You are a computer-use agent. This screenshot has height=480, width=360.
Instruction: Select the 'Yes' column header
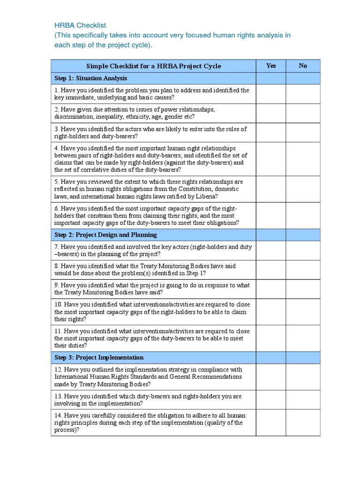pyautogui.click(x=270, y=66)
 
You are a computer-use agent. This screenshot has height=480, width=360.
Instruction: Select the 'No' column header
pyautogui.click(x=303, y=66)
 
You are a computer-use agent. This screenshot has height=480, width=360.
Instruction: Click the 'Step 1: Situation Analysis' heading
pyautogui.click(x=90, y=78)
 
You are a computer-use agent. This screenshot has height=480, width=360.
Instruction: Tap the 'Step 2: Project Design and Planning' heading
pyautogui.click(x=105, y=235)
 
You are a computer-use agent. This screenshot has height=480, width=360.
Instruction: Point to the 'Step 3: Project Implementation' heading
pyautogui.click(x=99, y=358)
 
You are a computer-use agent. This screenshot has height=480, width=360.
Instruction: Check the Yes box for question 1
pyautogui.click(x=270, y=94)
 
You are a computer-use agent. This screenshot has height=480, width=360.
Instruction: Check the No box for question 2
pyautogui.click(x=303, y=113)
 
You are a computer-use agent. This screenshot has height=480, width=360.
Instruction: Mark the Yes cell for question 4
pyautogui.click(x=270, y=159)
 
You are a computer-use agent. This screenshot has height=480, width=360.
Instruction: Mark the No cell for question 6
pyautogui.click(x=303, y=215)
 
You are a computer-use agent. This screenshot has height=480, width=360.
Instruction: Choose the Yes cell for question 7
pyautogui.click(x=270, y=251)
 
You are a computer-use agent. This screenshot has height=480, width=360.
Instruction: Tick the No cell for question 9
pyautogui.click(x=303, y=289)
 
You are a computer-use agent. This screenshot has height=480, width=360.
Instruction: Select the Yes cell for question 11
pyautogui.click(x=270, y=338)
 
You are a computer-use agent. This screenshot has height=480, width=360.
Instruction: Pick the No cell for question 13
pyautogui.click(x=303, y=400)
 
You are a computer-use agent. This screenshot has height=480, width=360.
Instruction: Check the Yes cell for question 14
pyautogui.click(x=270, y=423)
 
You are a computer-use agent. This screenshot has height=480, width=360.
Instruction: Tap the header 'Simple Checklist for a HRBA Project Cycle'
pyautogui.click(x=153, y=66)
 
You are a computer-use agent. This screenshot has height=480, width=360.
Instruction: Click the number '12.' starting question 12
pyautogui.click(x=58, y=369)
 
